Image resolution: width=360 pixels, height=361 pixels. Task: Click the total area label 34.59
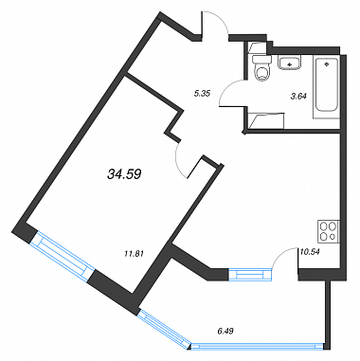pyautogui.click(x=124, y=174)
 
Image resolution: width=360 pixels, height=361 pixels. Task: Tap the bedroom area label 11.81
pyautogui.click(x=135, y=253)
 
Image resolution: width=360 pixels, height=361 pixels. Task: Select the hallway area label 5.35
pyautogui.click(x=202, y=93)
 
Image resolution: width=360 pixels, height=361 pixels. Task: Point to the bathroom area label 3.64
pyautogui.click(x=298, y=97)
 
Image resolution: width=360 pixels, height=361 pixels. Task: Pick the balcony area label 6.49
pyautogui.click(x=225, y=332)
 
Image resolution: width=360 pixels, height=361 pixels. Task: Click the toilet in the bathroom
pyautogui.click(x=262, y=69)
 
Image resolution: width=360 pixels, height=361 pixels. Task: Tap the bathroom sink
pyautogui.click(x=290, y=63)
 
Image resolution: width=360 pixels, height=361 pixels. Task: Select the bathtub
pyautogui.click(x=326, y=87)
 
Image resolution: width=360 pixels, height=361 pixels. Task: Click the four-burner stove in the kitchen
pyautogui.click(x=329, y=231)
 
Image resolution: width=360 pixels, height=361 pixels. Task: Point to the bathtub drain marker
pyautogui.click(x=326, y=64)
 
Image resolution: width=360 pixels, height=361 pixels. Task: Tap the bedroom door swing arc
pyautogui.click(x=178, y=161)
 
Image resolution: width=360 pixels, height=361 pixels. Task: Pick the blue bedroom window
pyautogui.click(x=62, y=257)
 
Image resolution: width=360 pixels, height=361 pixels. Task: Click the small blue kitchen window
pyautogui.click(x=250, y=274)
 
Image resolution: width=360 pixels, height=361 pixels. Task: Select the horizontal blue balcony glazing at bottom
pyautogui.click(x=258, y=347)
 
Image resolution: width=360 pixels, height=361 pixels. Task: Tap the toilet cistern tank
pyautogui.click(x=262, y=60)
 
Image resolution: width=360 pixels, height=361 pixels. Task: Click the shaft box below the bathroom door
pyautogui.click(x=265, y=120)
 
